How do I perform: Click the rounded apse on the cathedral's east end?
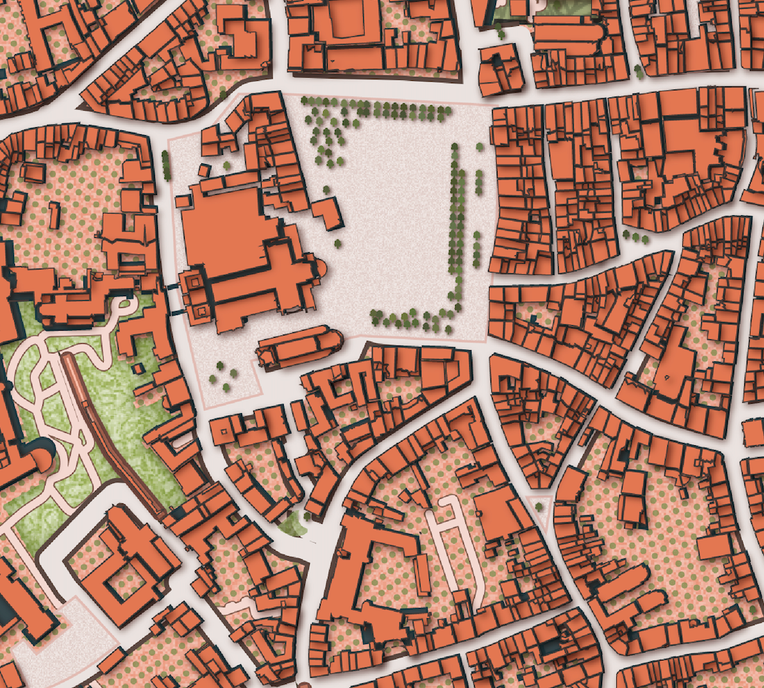click(319, 267)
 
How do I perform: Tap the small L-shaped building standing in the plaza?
click(329, 213)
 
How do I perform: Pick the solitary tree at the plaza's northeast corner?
click(479, 147)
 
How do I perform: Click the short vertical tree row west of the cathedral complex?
click(166, 164)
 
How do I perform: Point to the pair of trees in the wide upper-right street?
click(639, 71)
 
